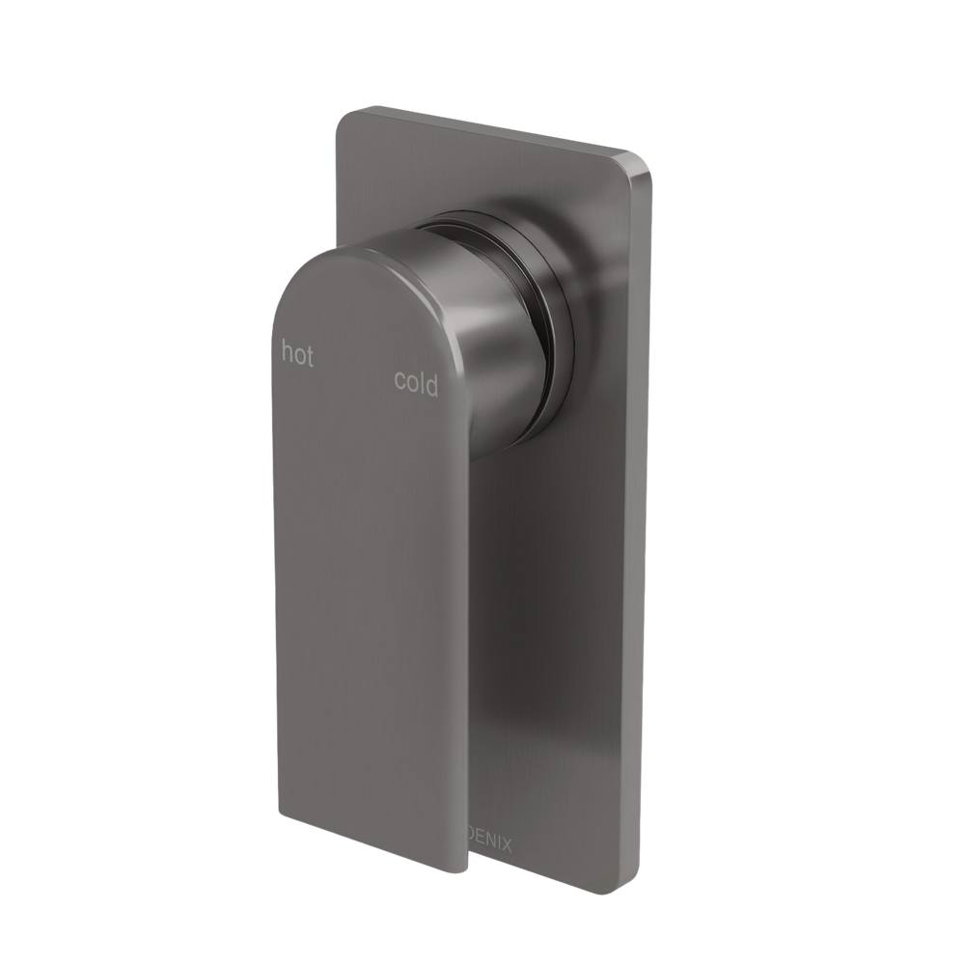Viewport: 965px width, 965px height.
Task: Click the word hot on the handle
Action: [297, 355]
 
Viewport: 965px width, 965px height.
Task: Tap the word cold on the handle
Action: [416, 383]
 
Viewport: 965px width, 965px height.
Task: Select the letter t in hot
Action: [309, 356]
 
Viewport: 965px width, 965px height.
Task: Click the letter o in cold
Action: [411, 386]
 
